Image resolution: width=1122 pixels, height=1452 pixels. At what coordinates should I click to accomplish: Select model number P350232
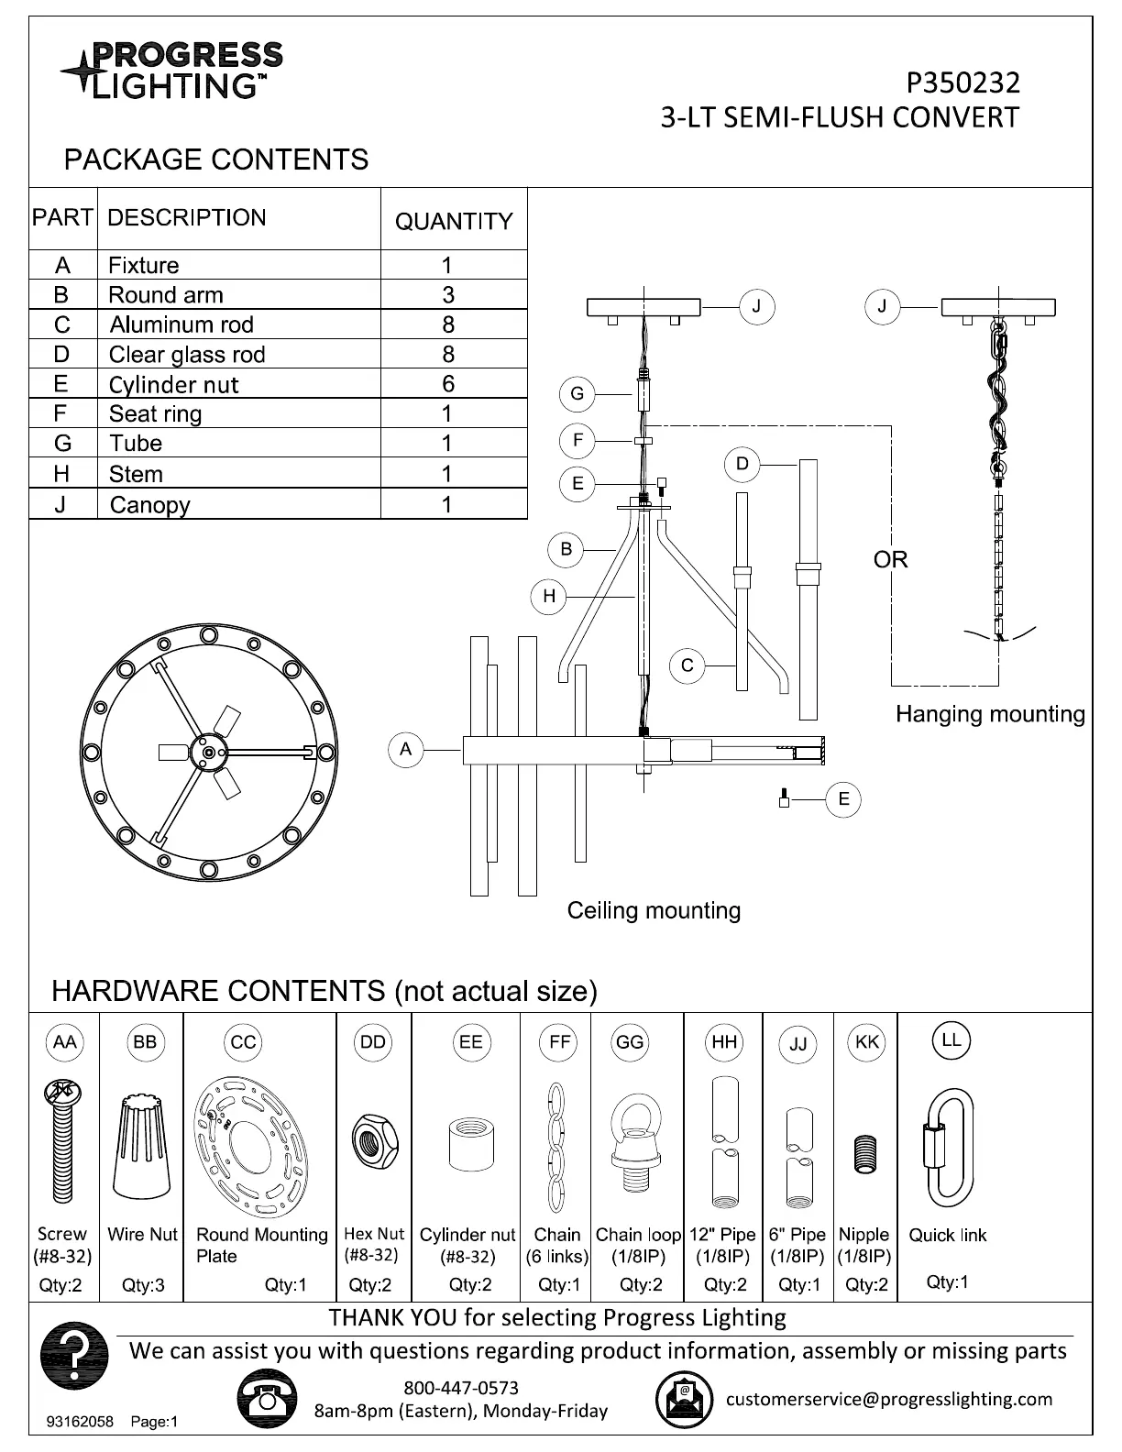(x=962, y=83)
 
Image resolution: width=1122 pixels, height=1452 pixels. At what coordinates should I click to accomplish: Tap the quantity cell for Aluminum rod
(x=447, y=324)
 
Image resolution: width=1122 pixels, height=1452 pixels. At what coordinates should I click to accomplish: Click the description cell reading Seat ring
(x=155, y=414)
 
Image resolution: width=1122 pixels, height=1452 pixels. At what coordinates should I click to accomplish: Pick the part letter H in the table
(x=61, y=474)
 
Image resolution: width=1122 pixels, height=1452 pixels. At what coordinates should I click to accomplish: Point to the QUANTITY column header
(x=454, y=221)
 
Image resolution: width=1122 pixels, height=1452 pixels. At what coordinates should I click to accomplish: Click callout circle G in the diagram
(x=577, y=394)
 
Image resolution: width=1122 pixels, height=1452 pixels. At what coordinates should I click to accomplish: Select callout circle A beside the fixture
(x=406, y=750)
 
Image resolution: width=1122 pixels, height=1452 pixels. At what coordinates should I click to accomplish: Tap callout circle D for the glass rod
(x=742, y=465)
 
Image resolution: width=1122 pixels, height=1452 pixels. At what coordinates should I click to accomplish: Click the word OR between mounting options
(x=890, y=559)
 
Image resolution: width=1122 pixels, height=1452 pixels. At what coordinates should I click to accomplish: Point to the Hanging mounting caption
(x=990, y=714)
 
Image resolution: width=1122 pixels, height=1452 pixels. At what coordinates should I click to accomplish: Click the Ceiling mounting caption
(x=654, y=910)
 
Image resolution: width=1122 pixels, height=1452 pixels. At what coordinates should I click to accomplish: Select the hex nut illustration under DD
(x=374, y=1140)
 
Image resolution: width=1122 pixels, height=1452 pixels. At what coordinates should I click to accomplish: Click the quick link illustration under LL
(x=949, y=1148)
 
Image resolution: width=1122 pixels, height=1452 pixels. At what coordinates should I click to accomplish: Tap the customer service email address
(x=889, y=1399)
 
